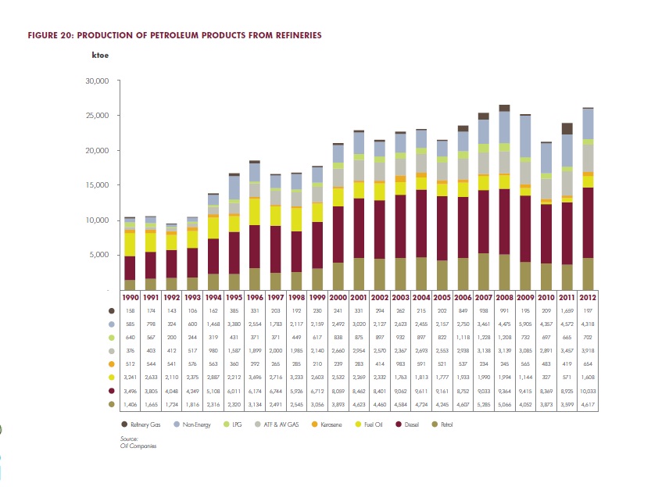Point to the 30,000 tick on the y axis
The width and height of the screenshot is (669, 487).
97,81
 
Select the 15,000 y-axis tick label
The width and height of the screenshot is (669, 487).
97,185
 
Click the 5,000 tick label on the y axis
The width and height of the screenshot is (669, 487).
99,255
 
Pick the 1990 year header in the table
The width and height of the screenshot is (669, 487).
130,298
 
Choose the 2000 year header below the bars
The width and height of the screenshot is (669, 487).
338,298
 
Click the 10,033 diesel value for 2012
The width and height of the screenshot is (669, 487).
586,390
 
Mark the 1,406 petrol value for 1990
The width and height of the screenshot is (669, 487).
130,403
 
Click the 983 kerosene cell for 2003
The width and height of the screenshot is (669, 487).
401,363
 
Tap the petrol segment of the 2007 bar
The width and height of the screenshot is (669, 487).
484,272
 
